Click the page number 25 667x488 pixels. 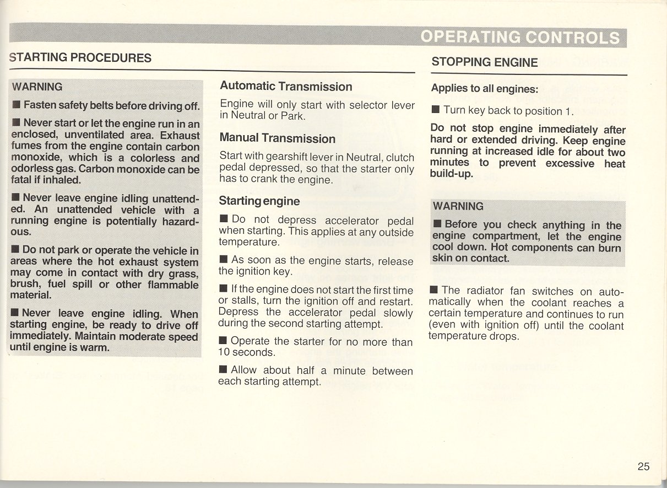point(643,466)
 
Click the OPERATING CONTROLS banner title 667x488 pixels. point(520,37)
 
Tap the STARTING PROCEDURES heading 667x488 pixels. point(80,57)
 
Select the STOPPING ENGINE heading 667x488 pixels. point(485,62)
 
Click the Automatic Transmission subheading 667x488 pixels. point(286,87)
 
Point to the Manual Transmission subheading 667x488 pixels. point(277,138)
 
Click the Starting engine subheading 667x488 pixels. point(259,201)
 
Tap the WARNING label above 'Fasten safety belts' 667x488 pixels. point(37,87)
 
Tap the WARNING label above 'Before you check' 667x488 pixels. point(458,206)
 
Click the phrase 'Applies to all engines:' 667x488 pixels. point(484,88)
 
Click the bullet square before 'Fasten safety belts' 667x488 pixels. point(17,105)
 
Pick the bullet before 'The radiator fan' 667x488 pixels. point(434,290)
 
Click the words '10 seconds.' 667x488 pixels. point(246,352)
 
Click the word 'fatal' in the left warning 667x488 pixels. point(22,180)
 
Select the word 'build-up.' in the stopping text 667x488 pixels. point(451,174)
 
